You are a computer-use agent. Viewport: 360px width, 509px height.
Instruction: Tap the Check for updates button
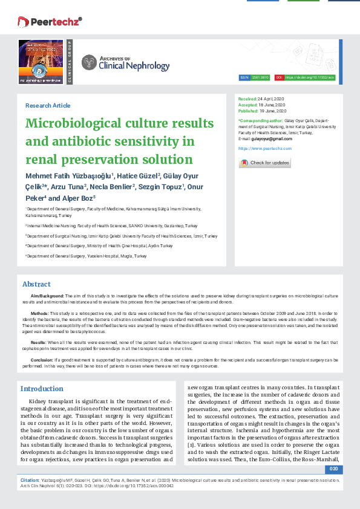tap(265, 163)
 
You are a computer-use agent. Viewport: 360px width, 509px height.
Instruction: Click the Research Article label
tap(47, 105)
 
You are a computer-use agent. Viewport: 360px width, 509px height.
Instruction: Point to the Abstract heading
tap(36, 284)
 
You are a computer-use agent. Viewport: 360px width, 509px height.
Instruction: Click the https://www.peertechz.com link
tap(265, 148)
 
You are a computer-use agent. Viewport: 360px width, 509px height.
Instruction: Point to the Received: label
tap(247, 99)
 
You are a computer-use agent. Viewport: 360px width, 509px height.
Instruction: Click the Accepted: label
tap(248, 105)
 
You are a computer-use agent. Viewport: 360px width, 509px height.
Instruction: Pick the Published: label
tap(248, 111)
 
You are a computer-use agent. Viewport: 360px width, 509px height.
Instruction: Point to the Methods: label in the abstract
tap(40, 314)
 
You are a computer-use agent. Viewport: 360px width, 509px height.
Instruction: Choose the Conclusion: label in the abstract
tap(43, 359)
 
